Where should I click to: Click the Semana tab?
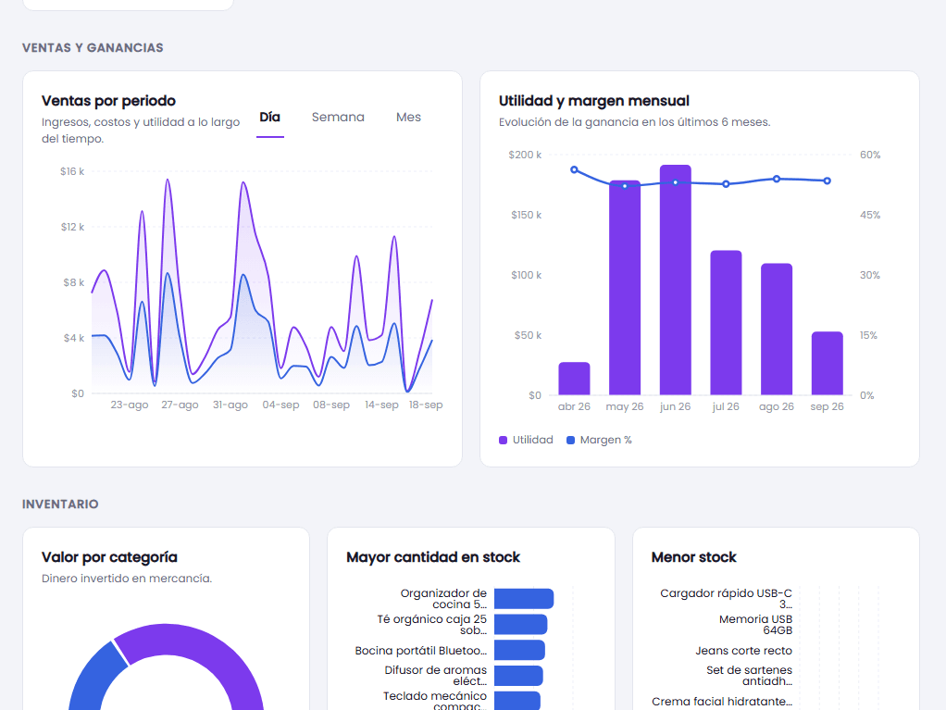[338, 117]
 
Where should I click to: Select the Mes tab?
[408, 117]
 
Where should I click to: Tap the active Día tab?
[269, 117]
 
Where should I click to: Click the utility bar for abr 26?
[574, 379]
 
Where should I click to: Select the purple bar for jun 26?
[675, 280]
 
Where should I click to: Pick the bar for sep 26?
[828, 363]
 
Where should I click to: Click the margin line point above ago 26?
[777, 179]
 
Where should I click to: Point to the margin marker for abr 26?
[574, 169]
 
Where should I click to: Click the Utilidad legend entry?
[526, 440]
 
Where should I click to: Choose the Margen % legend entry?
[599, 440]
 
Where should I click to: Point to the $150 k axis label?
[526, 215]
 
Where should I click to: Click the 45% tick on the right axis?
[870, 215]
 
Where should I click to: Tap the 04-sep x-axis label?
[280, 405]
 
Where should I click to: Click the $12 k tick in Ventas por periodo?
[72, 227]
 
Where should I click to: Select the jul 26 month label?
[726, 406]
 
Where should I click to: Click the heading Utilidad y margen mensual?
[593, 101]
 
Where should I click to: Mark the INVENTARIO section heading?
[60, 504]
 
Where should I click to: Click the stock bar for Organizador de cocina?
[524, 598]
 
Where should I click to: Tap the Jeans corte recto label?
[743, 650]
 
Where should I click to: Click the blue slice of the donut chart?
[91, 677]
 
